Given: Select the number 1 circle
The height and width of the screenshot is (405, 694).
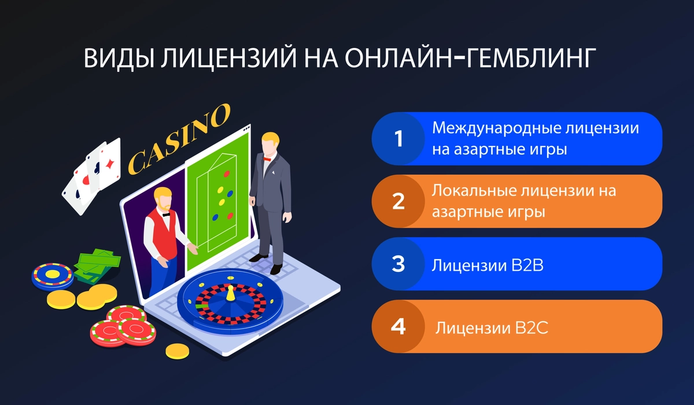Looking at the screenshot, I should (398, 139).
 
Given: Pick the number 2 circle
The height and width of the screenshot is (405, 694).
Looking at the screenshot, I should (398, 201).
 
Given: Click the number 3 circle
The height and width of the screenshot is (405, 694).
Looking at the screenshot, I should (398, 264).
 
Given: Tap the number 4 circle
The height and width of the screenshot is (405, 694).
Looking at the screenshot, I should (398, 326).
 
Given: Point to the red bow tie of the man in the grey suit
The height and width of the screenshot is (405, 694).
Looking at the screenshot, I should (267, 158).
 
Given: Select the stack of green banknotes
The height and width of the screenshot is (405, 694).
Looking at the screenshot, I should (97, 265).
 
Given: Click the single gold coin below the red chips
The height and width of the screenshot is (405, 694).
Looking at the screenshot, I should (177, 350).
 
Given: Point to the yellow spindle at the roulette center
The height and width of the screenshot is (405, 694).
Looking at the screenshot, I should (230, 293).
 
